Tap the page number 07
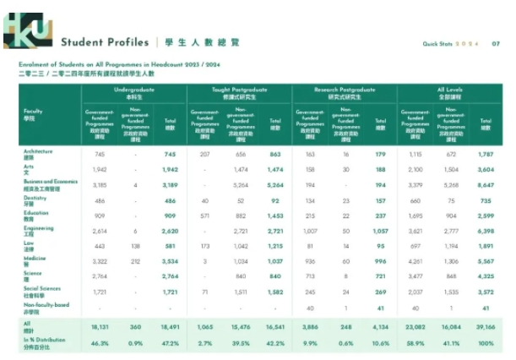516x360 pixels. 495,43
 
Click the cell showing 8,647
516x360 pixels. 485,183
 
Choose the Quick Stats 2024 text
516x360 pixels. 451,43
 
